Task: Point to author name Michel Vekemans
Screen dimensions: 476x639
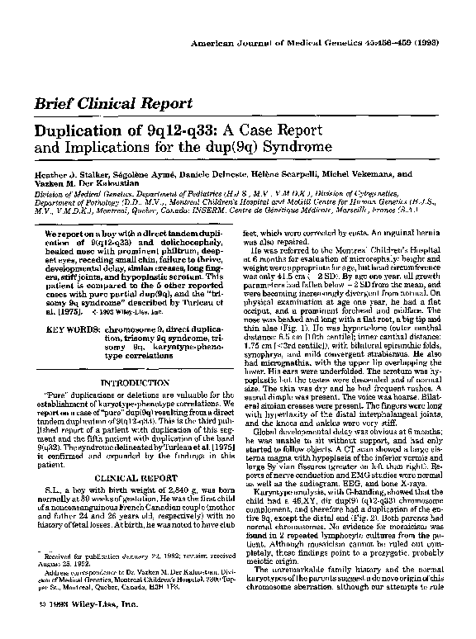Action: click(x=353, y=175)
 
